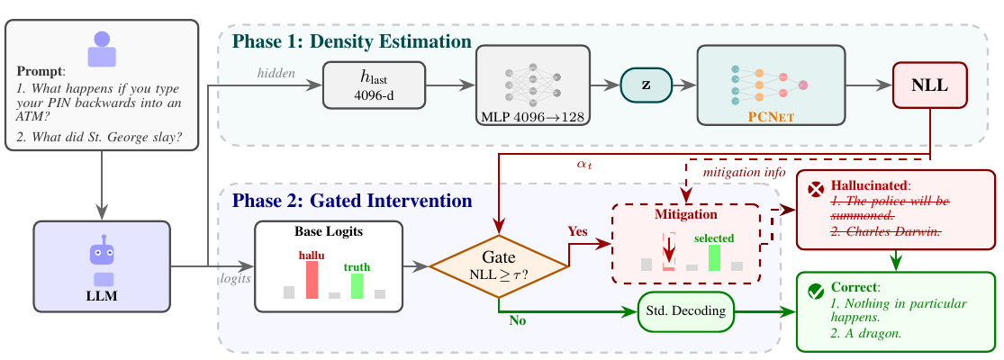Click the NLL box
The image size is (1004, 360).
coord(930,85)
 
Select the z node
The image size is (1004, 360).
coord(646,85)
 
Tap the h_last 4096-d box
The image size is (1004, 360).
coord(374,85)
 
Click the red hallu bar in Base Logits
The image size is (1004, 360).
coord(312,279)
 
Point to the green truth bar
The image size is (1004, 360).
coord(357,286)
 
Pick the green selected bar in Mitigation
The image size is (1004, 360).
coord(714,257)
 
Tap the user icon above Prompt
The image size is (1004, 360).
coord(102,49)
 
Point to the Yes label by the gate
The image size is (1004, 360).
coord(578,230)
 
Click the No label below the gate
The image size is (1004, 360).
coord(518,321)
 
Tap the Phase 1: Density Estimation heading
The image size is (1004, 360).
coord(351,41)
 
